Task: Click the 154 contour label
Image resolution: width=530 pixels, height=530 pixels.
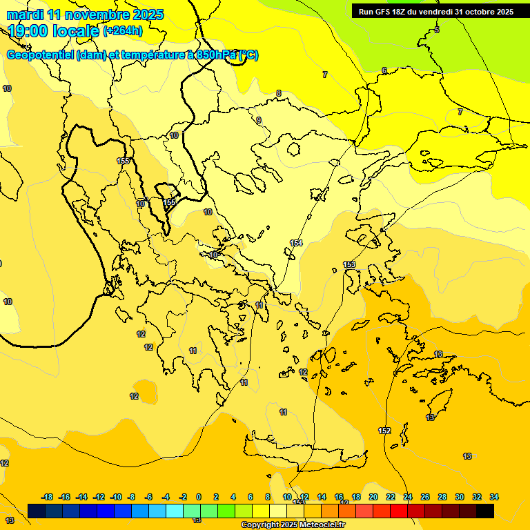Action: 296,243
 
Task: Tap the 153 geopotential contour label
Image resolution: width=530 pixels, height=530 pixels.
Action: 349,264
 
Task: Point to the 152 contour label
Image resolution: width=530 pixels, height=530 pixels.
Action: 384,431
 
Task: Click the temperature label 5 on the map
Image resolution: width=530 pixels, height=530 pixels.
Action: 437,30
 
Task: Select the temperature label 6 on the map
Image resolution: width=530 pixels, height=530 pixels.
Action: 384,71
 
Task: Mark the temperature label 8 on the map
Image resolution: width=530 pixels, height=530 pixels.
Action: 279,93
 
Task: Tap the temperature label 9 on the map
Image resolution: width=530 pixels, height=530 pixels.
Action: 259,121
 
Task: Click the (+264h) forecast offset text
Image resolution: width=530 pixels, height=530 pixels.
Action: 123,30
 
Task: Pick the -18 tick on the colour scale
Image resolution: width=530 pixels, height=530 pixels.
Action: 48,497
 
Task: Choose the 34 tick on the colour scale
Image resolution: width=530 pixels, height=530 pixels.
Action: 494,497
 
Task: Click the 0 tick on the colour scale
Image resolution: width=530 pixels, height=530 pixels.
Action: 199,497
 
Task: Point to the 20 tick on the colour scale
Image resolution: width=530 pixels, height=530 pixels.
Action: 373,497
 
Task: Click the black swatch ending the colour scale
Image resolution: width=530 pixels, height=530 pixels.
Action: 485,511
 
